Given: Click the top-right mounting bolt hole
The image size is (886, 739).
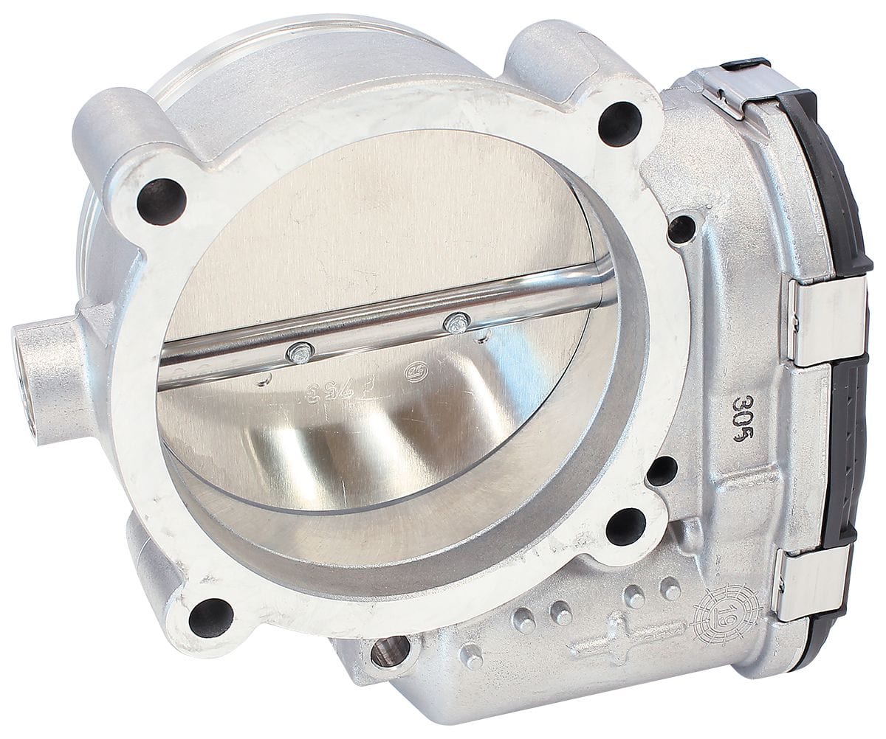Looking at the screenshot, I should [x=619, y=123].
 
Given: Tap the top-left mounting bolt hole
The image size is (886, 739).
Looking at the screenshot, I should [x=161, y=201].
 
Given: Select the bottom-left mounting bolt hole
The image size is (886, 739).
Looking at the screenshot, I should [x=210, y=617].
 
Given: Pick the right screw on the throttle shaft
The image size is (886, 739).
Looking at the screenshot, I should [x=458, y=322].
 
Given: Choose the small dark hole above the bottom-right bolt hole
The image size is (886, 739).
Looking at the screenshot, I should [x=662, y=471].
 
